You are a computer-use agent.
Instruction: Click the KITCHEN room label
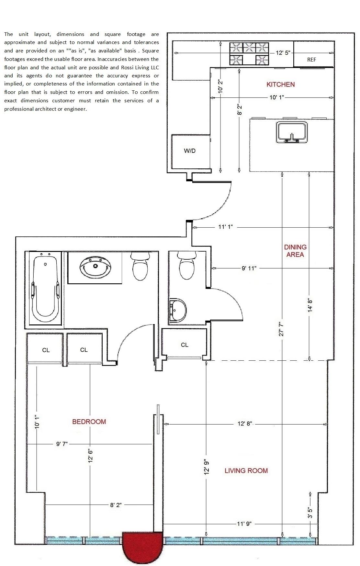(x=280, y=85)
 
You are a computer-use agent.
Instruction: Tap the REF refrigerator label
(x=311, y=60)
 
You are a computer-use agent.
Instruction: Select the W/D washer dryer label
(x=190, y=151)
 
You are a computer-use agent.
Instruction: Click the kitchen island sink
(x=292, y=132)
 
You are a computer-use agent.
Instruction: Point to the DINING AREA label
(x=295, y=251)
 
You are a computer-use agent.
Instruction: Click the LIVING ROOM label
(x=246, y=471)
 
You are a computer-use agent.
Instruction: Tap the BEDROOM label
(x=89, y=422)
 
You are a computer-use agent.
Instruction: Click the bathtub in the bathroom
(x=45, y=288)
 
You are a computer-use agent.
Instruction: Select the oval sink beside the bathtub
(x=95, y=266)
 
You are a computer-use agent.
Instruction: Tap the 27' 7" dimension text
(x=281, y=329)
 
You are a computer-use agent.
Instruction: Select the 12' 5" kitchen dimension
(x=283, y=53)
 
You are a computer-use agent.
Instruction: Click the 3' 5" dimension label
(x=310, y=513)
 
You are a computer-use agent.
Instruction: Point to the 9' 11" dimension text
(x=249, y=268)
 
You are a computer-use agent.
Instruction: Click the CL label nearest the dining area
(x=185, y=345)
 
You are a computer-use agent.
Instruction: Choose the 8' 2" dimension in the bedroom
(x=116, y=505)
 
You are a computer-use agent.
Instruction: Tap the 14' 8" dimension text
(x=310, y=305)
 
